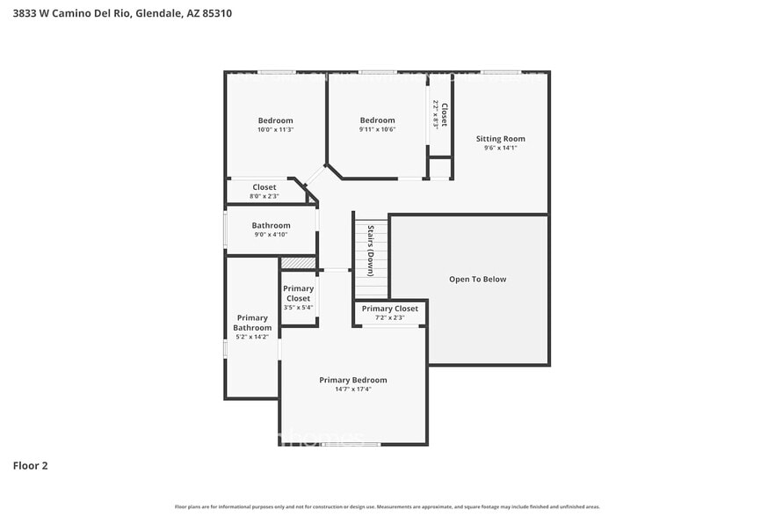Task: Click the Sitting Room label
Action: (500, 138)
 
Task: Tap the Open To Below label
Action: (477, 280)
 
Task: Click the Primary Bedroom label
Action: (352, 380)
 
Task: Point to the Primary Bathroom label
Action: (252, 323)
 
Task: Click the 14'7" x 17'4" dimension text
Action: (352, 390)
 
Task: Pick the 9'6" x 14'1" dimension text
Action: (500, 148)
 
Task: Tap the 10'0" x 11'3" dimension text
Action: (275, 130)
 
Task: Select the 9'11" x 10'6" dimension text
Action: (377, 130)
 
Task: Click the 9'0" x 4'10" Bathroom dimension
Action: (271, 235)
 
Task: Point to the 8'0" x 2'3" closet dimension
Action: (264, 196)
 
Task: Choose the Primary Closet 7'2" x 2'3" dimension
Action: (389, 317)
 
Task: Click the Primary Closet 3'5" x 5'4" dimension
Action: (298, 308)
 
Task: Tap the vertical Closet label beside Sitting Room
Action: (445, 115)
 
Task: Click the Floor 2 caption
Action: (30, 465)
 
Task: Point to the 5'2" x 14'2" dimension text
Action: (252, 337)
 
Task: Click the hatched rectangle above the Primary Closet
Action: (298, 263)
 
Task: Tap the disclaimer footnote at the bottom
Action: (387, 506)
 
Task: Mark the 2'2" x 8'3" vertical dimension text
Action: (435, 115)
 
